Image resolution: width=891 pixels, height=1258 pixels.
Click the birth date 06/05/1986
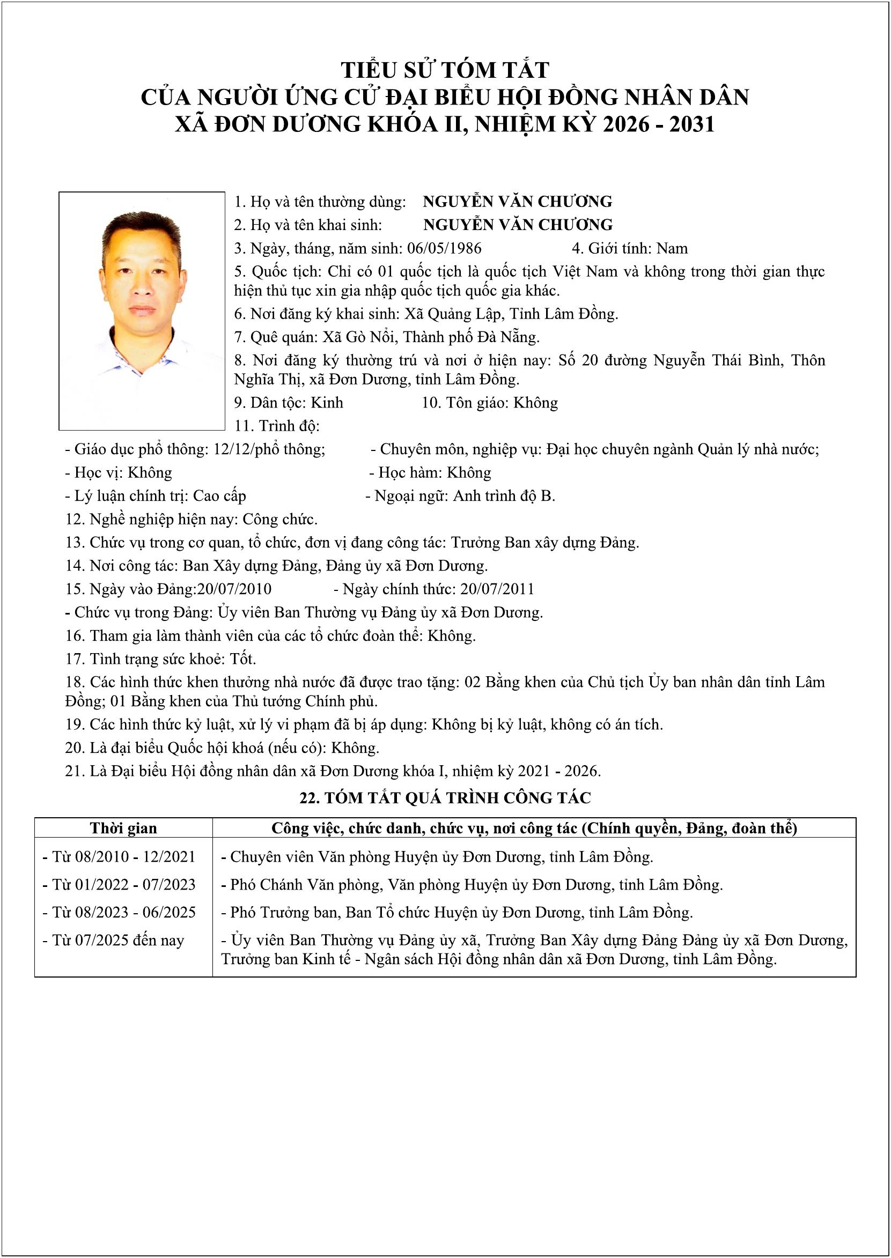point(444,248)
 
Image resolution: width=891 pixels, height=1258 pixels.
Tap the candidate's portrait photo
point(142,310)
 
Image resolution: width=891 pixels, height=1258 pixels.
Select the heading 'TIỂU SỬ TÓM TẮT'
point(445,70)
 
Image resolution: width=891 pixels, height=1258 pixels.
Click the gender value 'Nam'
point(672,248)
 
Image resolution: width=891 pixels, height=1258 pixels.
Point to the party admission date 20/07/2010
point(234,589)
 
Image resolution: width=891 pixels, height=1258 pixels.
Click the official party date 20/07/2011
point(497,589)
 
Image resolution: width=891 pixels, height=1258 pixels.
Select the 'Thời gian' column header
point(123,828)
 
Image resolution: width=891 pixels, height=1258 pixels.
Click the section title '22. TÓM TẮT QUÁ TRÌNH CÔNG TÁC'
point(445,798)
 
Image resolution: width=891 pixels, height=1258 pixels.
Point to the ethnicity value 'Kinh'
point(327,403)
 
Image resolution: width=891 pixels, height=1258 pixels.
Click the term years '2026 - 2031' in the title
point(659,124)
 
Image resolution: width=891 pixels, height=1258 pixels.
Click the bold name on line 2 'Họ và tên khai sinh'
point(518,225)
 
